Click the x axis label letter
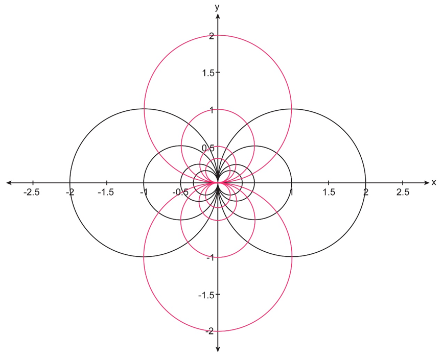434,182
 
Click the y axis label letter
217,7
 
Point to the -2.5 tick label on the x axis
32,192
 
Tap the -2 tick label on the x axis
69,192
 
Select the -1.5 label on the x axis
106,192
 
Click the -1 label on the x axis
143,192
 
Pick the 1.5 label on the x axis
329,192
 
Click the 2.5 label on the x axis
403,192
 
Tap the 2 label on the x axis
365,192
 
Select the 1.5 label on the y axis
207,73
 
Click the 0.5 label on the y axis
207,148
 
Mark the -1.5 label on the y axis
205,295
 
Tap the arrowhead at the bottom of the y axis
218,349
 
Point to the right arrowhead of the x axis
426,182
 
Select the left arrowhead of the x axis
8,182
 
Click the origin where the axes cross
218,182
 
